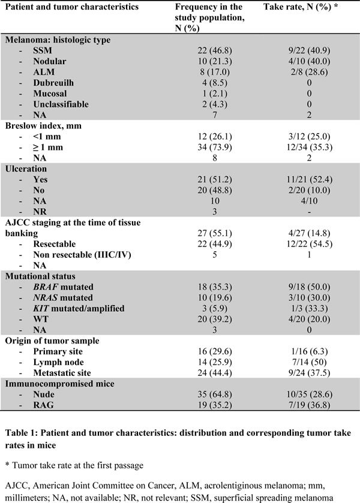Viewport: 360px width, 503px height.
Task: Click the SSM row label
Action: (43, 50)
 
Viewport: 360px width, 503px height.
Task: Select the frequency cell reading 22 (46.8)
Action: (215, 50)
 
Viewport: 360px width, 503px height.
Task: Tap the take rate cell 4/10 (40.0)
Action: (309, 61)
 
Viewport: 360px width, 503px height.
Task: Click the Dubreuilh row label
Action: (53, 83)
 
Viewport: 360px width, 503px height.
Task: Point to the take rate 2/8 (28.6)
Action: (309, 72)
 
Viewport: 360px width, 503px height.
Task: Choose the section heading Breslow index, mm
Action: (43, 126)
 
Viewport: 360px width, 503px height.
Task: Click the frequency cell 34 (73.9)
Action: (215, 147)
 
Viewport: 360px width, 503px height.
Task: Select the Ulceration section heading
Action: (26, 168)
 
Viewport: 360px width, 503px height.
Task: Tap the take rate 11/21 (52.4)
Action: (309, 179)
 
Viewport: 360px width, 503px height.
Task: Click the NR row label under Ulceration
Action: (40, 212)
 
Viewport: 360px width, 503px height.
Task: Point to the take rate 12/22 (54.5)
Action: (309, 244)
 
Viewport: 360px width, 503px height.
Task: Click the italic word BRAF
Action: (46, 287)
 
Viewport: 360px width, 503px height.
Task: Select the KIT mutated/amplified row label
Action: (79, 308)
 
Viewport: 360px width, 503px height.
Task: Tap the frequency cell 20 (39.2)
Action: (215, 319)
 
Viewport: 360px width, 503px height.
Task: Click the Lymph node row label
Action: (58, 362)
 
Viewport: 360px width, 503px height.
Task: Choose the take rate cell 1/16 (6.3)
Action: (309, 351)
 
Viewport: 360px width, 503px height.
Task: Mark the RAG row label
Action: (43, 405)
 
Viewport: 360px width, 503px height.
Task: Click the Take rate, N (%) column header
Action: (301, 7)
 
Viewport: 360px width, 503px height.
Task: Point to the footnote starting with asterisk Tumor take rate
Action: (74, 465)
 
